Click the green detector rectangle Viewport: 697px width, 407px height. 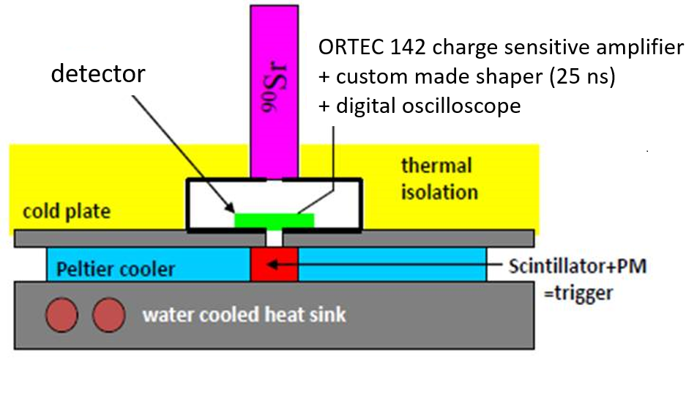(x=274, y=220)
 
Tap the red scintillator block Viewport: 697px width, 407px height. (x=274, y=264)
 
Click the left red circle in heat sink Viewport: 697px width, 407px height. (x=61, y=315)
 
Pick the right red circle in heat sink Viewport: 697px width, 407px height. (x=107, y=315)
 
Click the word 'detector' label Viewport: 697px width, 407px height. (x=98, y=74)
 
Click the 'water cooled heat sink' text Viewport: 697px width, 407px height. (x=245, y=315)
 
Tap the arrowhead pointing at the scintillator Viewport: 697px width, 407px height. (x=304, y=265)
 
